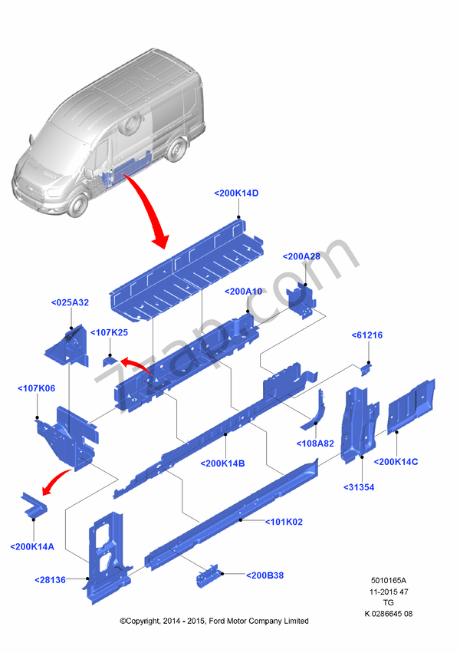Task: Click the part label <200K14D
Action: [236, 193]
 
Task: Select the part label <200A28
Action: [301, 256]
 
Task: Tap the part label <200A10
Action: [244, 292]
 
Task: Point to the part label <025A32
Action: [70, 302]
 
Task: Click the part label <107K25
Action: [109, 332]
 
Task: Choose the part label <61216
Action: [366, 335]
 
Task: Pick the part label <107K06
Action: [36, 388]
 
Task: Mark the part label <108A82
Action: [315, 444]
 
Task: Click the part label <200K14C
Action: [396, 461]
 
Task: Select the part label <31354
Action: [358, 486]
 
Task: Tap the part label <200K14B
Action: [222, 463]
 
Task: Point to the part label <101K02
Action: [284, 522]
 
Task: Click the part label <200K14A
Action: [32, 546]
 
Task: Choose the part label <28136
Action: [50, 580]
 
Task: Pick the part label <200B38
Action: [265, 575]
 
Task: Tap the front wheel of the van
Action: [77, 204]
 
